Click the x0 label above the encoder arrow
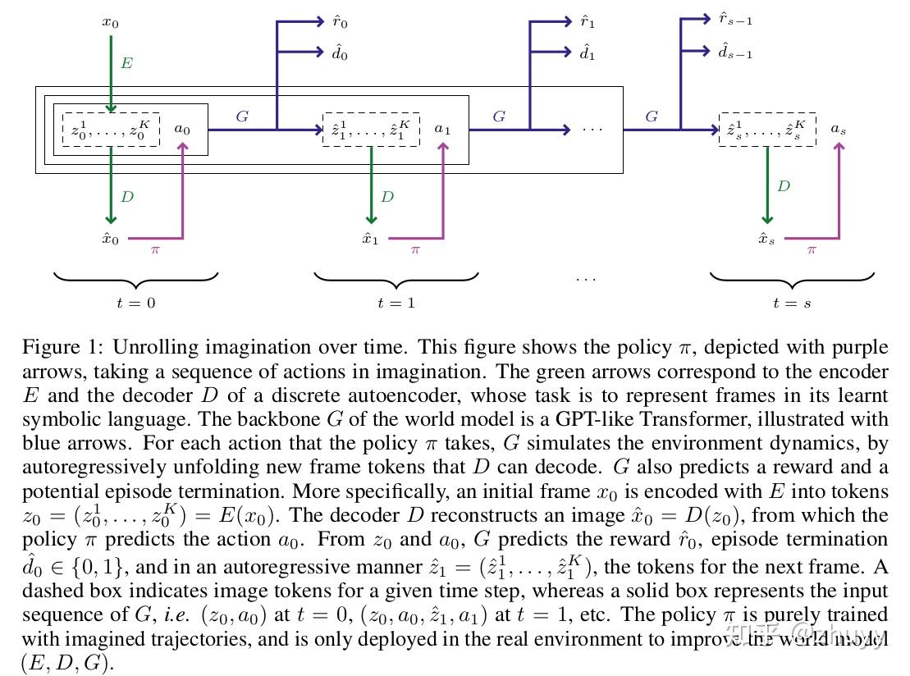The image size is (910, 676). (x=110, y=23)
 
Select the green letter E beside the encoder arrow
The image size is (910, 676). (x=126, y=62)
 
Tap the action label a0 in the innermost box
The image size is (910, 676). (x=182, y=129)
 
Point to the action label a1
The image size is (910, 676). (x=442, y=129)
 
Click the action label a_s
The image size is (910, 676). (x=838, y=129)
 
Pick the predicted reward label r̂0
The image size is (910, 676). (x=340, y=22)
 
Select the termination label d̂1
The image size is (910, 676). (x=588, y=53)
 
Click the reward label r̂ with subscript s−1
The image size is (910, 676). (x=735, y=19)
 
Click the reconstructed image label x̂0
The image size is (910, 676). (x=110, y=239)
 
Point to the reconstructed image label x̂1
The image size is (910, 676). (x=370, y=239)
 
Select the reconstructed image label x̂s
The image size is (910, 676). (x=766, y=239)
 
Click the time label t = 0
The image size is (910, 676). (x=136, y=303)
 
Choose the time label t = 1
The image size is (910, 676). (x=396, y=303)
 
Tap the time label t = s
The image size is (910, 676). (x=792, y=303)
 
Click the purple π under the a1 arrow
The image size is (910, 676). (x=415, y=250)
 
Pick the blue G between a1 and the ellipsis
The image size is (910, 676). (x=499, y=116)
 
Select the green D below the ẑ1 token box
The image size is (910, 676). (x=387, y=197)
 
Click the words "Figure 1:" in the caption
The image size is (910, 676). (x=62, y=348)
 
